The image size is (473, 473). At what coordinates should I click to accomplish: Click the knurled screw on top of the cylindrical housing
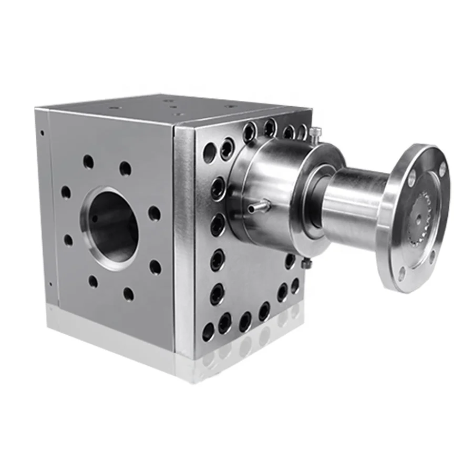[314, 133]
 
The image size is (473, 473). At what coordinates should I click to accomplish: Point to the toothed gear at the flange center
[425, 210]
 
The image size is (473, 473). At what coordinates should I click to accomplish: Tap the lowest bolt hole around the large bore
[128, 294]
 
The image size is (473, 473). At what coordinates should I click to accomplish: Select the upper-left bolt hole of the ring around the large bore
[88, 162]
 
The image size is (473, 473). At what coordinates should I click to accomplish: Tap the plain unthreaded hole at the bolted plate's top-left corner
[209, 153]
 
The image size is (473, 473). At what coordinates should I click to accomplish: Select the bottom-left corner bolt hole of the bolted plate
[208, 332]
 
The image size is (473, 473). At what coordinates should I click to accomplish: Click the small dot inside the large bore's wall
[96, 218]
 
